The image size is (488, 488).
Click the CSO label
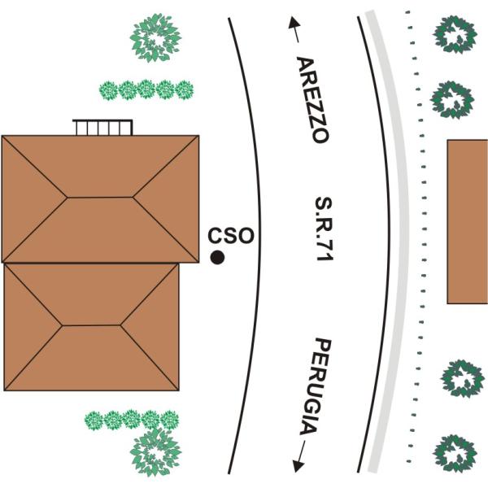(x=231, y=236)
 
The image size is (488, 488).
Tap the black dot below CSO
(x=217, y=257)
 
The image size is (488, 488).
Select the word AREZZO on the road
(x=312, y=99)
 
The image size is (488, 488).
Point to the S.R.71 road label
(x=324, y=229)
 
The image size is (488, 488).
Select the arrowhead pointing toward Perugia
(x=298, y=466)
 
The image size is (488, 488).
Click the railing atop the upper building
(x=102, y=128)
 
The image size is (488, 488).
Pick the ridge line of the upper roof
(x=99, y=198)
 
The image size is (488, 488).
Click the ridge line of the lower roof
(x=91, y=325)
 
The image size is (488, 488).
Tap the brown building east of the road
(x=468, y=221)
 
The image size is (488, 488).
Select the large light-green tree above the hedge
(x=155, y=37)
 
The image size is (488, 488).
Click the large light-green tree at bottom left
(x=155, y=451)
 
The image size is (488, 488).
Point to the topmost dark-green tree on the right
(x=455, y=34)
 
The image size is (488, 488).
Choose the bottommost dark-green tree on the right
(x=455, y=454)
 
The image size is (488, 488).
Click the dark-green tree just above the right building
(x=452, y=100)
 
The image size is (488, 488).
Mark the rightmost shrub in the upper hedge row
(x=185, y=90)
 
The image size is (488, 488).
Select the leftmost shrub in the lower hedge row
(x=94, y=420)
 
